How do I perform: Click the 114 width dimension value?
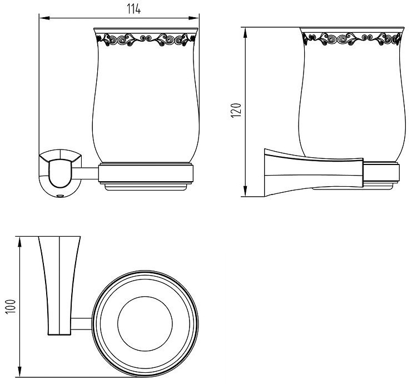(x=134, y=9)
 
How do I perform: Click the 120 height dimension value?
(x=236, y=111)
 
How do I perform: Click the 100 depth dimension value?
(x=11, y=306)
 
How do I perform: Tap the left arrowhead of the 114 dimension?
(x=44, y=18)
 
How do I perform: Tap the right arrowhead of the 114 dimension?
(x=194, y=18)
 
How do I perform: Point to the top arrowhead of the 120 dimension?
(x=245, y=32)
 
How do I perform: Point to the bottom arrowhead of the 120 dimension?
(x=245, y=191)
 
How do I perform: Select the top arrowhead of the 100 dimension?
(x=19, y=242)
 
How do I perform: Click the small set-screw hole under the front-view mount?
(x=61, y=196)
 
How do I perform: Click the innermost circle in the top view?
(x=145, y=324)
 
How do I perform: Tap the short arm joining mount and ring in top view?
(x=82, y=323)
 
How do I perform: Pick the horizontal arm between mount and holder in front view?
(x=85, y=173)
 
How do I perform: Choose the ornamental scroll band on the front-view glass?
(x=146, y=39)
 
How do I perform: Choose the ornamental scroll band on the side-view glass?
(x=353, y=39)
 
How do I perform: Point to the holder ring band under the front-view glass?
(x=146, y=173)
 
